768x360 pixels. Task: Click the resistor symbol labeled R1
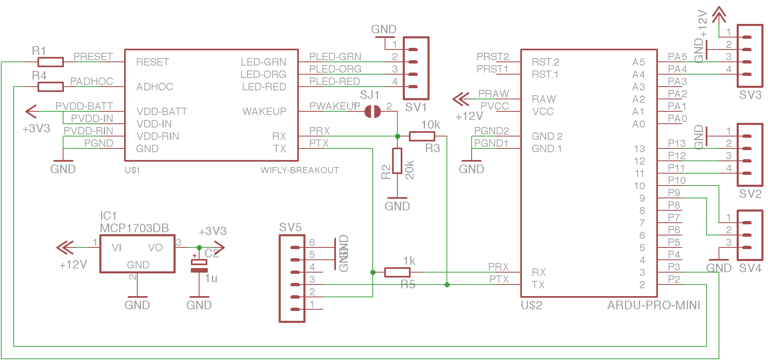(51, 62)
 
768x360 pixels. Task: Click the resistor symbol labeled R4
(51, 87)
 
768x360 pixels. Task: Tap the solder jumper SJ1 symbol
(373, 112)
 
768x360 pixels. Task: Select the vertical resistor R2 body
(397, 161)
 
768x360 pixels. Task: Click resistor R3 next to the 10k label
(422, 136)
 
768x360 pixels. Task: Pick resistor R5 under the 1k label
(397, 272)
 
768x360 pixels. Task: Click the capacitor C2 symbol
(199, 266)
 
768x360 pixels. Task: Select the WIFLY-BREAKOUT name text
(300, 170)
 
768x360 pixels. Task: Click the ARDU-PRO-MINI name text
(653, 306)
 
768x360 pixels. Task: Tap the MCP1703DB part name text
(134, 228)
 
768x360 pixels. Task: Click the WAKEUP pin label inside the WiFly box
(264, 112)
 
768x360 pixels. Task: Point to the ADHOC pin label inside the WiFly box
(155, 87)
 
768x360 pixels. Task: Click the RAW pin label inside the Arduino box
(544, 99)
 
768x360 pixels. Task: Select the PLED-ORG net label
(335, 69)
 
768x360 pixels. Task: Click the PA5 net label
(677, 56)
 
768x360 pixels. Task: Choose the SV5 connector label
(290, 228)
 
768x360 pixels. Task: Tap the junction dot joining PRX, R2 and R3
(397, 136)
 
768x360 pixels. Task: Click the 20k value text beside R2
(409, 170)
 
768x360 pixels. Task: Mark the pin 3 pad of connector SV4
(747, 247)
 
